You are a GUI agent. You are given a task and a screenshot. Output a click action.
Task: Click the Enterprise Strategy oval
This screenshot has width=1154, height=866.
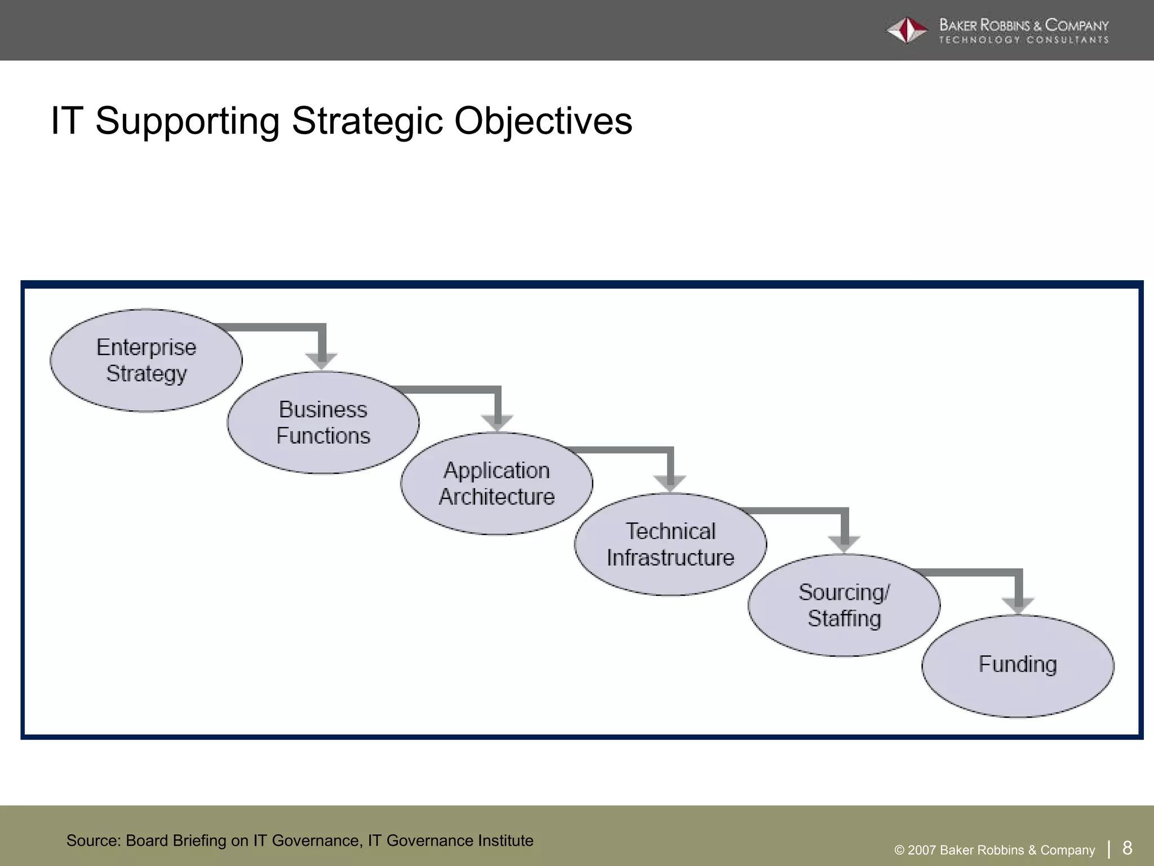(146, 360)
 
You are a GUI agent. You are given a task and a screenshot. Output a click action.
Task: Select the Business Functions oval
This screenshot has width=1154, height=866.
(323, 422)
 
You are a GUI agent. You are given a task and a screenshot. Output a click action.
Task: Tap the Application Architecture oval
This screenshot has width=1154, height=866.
(496, 483)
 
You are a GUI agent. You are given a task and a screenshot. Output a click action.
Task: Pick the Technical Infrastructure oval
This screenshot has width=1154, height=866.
(670, 544)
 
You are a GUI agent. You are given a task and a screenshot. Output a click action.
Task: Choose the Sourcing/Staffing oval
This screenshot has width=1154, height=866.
(844, 605)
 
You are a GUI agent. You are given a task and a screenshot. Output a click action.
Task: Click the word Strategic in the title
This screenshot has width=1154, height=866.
(367, 121)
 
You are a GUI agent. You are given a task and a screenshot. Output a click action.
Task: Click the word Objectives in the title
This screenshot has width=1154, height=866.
(543, 121)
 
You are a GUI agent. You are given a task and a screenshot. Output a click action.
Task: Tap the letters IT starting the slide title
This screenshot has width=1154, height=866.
(67, 121)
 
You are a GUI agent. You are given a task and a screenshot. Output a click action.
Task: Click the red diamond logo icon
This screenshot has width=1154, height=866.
(907, 30)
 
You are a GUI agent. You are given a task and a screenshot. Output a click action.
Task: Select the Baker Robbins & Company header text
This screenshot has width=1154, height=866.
(1023, 25)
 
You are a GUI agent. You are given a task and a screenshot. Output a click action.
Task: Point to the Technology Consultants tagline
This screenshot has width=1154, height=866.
(1023, 40)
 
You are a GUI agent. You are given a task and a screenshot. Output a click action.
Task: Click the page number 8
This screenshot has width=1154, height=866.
(1127, 847)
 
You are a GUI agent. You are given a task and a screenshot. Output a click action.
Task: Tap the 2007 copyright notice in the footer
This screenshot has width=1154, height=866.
(995, 850)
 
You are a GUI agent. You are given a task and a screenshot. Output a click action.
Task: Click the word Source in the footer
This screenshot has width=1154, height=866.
(92, 841)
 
